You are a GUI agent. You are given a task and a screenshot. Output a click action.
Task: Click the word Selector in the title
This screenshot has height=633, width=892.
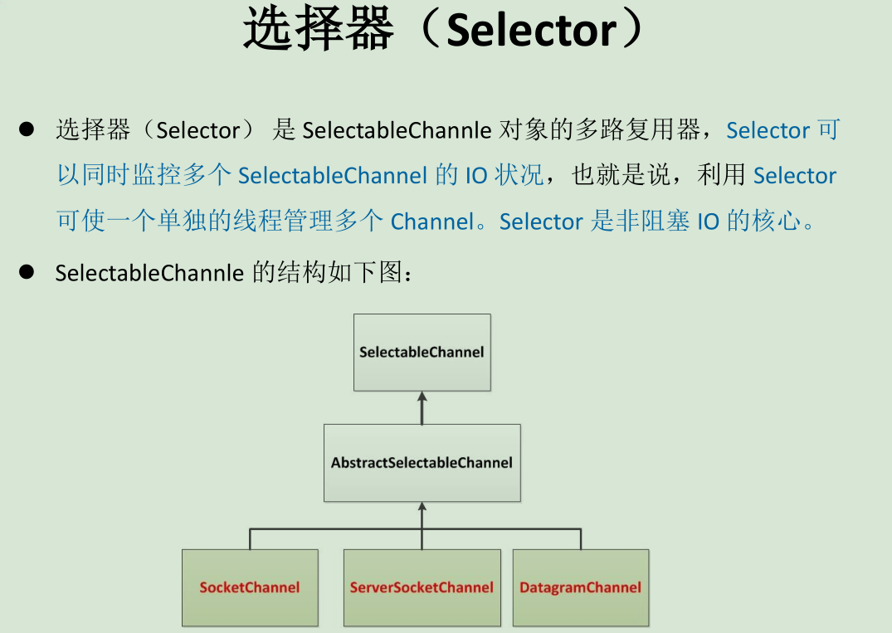[x=531, y=31]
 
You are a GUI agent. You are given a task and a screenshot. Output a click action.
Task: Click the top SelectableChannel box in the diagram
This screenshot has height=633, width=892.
[x=422, y=352]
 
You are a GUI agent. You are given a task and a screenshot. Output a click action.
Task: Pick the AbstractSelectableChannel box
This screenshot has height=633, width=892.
[x=422, y=462]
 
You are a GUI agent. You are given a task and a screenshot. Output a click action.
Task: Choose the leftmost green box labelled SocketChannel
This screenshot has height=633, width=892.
[x=250, y=587]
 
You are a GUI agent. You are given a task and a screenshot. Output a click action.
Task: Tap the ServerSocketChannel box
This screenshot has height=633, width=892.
[x=422, y=587]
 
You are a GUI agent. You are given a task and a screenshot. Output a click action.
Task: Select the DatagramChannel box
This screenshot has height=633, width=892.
[x=580, y=587]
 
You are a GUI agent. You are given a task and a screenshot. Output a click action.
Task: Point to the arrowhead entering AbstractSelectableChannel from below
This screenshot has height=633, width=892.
[x=422, y=506]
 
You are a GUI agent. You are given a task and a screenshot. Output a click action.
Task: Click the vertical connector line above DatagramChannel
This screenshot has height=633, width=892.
[x=580, y=538]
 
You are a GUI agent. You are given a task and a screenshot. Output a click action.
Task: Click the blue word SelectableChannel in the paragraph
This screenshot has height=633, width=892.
[x=332, y=176]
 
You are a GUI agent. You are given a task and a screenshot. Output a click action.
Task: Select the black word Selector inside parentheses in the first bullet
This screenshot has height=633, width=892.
[x=197, y=130]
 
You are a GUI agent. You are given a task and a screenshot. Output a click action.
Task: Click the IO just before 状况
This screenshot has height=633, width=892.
[x=476, y=176]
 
